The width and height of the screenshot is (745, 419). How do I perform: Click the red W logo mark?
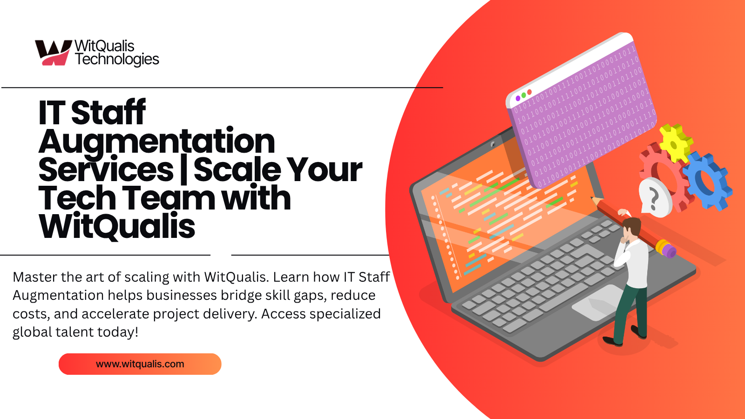tap(53, 53)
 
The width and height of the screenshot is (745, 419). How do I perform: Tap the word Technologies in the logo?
tap(117, 60)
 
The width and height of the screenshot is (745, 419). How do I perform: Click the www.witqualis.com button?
tap(140, 364)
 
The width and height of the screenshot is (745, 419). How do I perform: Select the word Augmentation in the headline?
tap(156, 142)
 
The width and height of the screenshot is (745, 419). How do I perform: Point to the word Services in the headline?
tap(106, 169)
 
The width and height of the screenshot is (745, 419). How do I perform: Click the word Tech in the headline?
tap(77, 198)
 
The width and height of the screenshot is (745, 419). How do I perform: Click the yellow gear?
tap(675, 142)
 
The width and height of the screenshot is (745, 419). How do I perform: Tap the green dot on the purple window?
tap(523, 95)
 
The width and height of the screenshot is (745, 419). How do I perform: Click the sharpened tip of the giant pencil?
tap(592, 198)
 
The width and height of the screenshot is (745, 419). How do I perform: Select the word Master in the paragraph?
tap(35, 277)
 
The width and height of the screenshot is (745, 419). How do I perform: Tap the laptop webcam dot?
tap(493, 144)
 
